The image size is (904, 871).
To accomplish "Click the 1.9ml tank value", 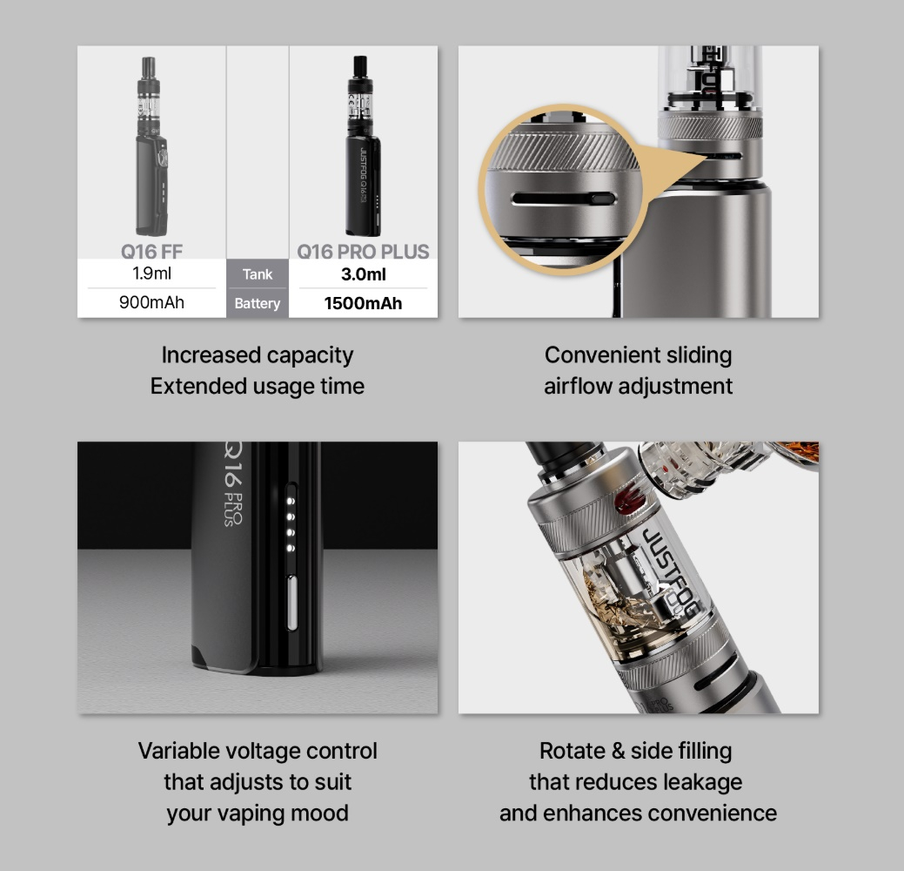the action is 151,273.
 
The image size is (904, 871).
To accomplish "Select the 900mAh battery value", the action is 151,302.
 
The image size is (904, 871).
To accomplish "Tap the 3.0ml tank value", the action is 363,274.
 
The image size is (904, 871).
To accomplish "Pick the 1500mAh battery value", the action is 363,303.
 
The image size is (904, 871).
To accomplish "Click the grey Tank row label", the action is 258,273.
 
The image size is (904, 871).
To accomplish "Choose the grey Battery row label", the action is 258,303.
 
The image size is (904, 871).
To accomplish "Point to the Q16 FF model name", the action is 151,252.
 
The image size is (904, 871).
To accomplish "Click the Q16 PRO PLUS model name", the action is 363,252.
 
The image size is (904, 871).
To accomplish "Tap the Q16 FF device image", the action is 151,146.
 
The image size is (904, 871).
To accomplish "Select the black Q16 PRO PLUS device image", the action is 363,145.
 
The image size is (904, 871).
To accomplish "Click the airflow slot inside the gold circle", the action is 563,199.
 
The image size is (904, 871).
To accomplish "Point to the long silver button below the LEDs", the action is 291,603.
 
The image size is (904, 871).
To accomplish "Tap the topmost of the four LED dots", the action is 291,501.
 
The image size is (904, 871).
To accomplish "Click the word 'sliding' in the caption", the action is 699,355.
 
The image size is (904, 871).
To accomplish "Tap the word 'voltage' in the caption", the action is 262,752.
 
